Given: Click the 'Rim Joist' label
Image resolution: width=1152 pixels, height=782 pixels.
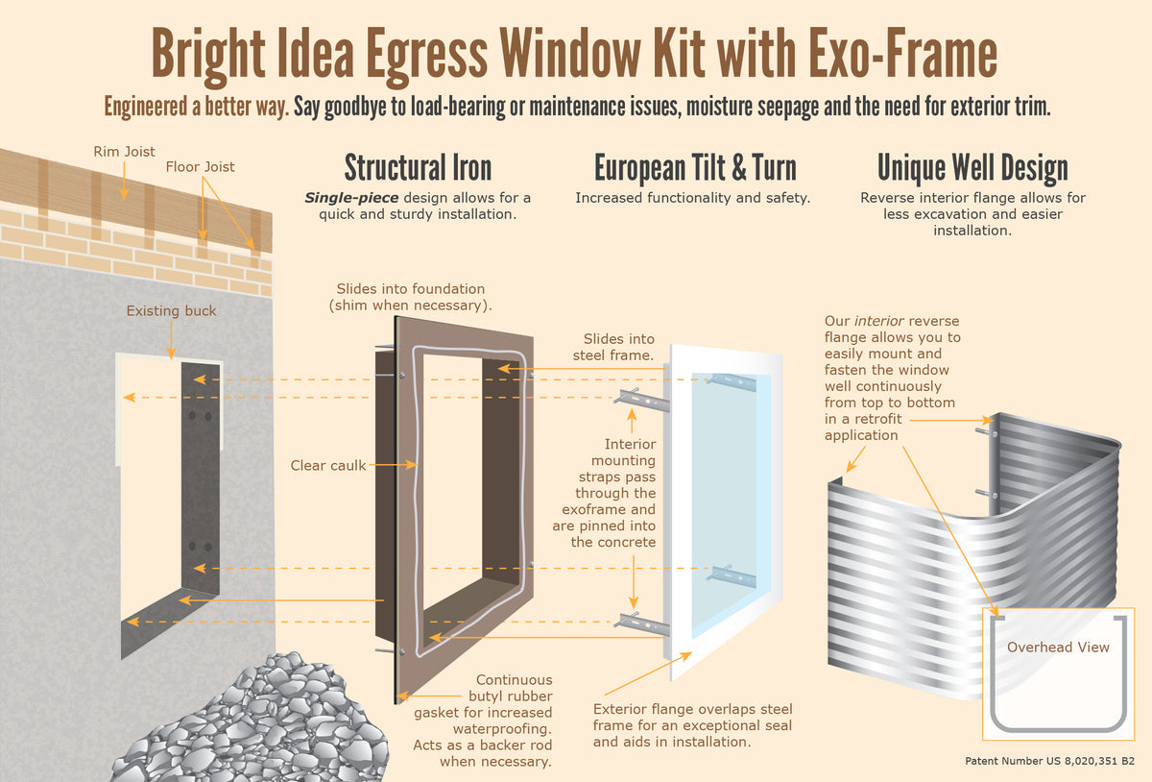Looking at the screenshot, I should pos(124,152).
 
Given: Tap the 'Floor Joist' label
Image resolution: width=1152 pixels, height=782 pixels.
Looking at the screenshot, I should pos(200,166).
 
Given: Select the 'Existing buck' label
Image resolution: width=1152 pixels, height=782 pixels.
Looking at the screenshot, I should pos(171,311).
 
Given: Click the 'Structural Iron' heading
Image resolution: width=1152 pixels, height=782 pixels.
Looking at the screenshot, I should pos(418,167).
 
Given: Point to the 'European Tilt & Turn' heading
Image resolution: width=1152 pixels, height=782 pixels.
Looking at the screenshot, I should pos(695,167).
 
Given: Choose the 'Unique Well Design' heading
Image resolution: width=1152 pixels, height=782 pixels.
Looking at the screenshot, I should pos(972,167).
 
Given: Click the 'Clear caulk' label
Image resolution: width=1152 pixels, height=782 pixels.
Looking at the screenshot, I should pos(327,466).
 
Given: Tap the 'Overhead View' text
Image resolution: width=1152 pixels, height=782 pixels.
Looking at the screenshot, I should pos(1057,648).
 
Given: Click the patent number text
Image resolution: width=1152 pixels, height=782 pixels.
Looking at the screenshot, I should pos(1049,761).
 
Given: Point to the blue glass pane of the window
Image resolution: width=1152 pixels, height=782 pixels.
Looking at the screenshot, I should pos(730,500).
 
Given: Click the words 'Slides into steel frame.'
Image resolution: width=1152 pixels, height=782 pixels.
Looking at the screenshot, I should pos(619,347).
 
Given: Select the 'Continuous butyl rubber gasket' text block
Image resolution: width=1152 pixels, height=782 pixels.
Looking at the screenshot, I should pos(484,721).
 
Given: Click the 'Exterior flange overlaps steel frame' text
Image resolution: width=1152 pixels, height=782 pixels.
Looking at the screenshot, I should pos(692,725).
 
